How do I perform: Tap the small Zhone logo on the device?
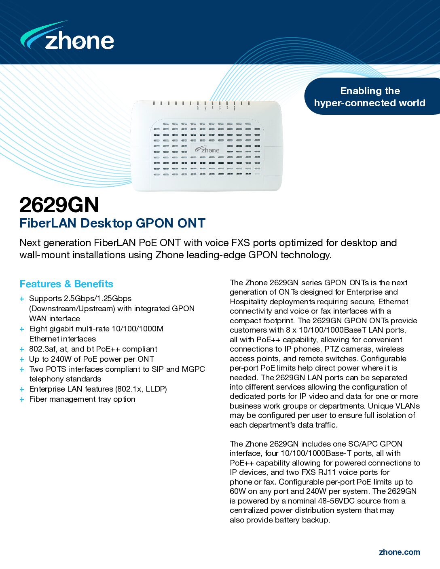click(x=207, y=150)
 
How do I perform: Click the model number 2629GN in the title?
click(x=59, y=204)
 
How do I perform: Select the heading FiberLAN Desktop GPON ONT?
click(x=112, y=223)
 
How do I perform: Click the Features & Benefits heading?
click(x=66, y=284)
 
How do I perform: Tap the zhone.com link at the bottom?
click(x=399, y=552)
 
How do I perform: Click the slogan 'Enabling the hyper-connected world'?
click(x=370, y=97)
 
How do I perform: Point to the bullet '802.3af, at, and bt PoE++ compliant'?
click(x=93, y=349)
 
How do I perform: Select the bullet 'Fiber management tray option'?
click(x=82, y=399)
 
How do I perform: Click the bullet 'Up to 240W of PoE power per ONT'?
click(x=91, y=359)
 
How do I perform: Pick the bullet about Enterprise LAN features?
click(x=98, y=389)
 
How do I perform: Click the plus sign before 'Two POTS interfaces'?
click(x=22, y=369)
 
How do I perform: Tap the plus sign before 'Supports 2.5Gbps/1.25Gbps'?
click(x=22, y=299)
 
